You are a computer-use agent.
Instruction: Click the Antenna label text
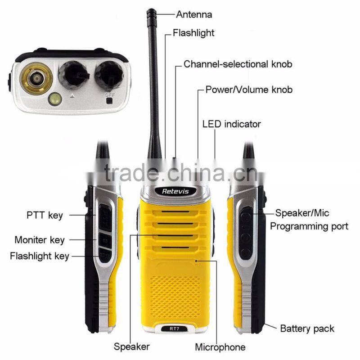[x=193, y=14]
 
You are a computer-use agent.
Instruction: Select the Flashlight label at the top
[x=193, y=33]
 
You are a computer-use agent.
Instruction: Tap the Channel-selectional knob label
[x=238, y=64]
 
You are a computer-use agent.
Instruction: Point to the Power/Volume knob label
[x=249, y=90]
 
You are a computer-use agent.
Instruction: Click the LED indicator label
[x=231, y=124]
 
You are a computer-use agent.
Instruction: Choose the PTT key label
[x=44, y=215]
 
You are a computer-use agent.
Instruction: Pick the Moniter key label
[x=39, y=240]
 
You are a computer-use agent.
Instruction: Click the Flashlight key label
[x=40, y=256]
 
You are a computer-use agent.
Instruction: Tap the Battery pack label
[x=307, y=328]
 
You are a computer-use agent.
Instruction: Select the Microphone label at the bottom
[x=220, y=347]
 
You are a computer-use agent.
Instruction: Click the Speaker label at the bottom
[x=131, y=346]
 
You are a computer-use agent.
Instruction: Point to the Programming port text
[x=309, y=226]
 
